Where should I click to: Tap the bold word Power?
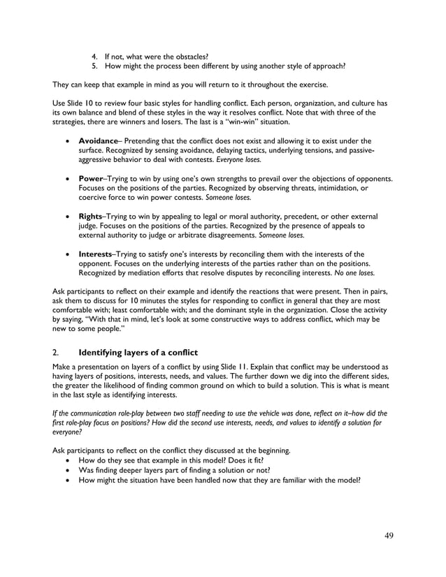[x=92, y=179]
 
